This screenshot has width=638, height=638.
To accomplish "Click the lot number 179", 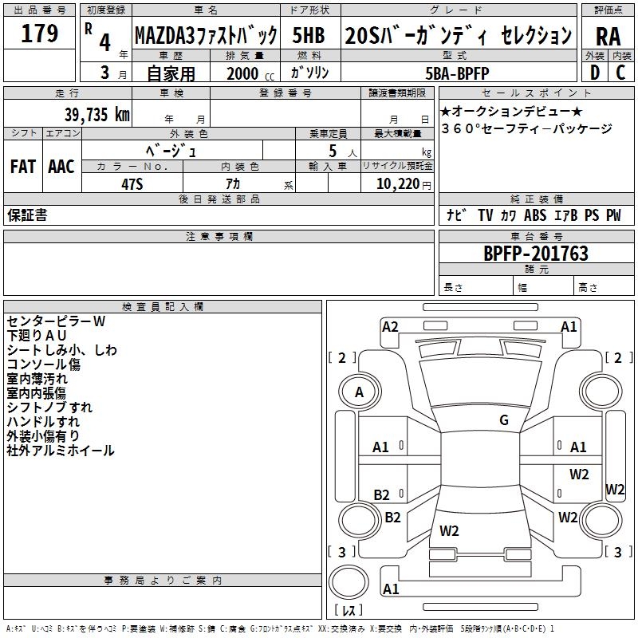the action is [41, 34].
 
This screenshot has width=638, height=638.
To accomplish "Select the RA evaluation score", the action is [608, 36].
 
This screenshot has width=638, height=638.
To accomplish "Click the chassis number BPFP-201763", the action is [536, 254].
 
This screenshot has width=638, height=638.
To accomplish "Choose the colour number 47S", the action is [132, 183].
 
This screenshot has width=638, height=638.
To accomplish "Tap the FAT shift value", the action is [22, 166].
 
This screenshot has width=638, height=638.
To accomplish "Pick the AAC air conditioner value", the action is [61, 166].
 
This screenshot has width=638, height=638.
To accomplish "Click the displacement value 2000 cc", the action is [249, 73].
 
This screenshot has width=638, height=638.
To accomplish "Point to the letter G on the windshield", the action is [504, 420].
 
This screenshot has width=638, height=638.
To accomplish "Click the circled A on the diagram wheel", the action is [359, 392].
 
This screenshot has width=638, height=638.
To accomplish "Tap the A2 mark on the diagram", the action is [390, 326].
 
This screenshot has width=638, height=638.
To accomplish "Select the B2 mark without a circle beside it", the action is [381, 495].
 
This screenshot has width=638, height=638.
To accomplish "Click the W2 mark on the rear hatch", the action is [449, 530].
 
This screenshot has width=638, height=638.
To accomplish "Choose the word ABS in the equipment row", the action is [535, 215].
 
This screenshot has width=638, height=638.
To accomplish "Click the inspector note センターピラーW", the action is [56, 321].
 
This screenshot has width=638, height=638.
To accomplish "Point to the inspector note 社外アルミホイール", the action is [61, 451].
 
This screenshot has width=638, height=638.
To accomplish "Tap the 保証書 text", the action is [27, 215].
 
